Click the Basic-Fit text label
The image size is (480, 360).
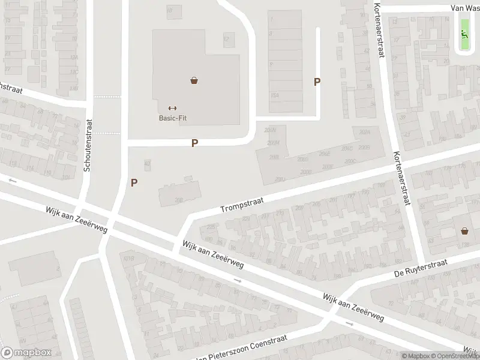(173, 118)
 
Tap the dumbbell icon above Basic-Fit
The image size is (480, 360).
(173, 108)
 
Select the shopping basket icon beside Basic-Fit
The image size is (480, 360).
(194, 80)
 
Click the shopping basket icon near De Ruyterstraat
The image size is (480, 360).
(464, 230)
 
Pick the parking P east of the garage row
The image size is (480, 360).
(317, 82)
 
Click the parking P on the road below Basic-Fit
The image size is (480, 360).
(194, 143)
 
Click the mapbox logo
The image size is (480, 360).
(26, 353)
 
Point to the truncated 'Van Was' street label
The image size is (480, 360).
(466, 8)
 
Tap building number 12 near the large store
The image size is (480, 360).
(226, 40)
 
